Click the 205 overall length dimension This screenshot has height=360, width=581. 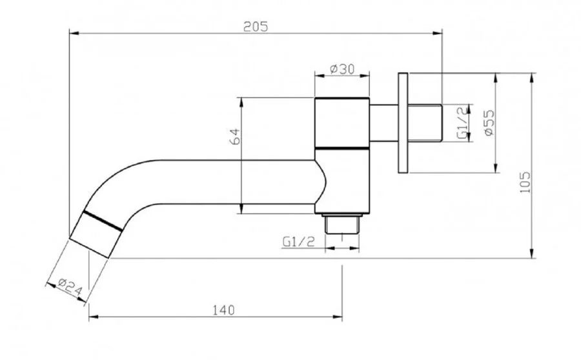pyautogui.click(x=255, y=26)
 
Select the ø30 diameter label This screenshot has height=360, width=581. pyautogui.click(x=342, y=69)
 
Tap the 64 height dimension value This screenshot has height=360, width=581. pyautogui.click(x=235, y=136)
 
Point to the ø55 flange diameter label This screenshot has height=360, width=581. pyautogui.click(x=489, y=123)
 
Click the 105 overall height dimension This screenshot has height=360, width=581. pyautogui.click(x=525, y=182)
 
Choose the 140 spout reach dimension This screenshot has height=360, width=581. pyautogui.click(x=223, y=310)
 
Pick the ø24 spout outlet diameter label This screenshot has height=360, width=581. pyautogui.click(x=70, y=287)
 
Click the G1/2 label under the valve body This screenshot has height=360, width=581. pyautogui.click(x=299, y=241)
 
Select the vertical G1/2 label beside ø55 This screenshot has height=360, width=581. pyautogui.click(x=462, y=123)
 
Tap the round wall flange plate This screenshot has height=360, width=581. pyautogui.click(x=403, y=123)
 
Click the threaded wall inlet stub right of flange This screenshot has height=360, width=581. pyautogui.click(x=425, y=123)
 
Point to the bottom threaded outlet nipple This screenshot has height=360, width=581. pyautogui.click(x=342, y=224)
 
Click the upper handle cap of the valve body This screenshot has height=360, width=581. pyautogui.click(x=342, y=123)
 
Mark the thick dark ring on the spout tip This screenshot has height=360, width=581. pyautogui.click(x=102, y=221)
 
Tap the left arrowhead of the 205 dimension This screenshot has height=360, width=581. pyautogui.click(x=74, y=34)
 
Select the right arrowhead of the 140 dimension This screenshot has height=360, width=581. pyautogui.click(x=338, y=317)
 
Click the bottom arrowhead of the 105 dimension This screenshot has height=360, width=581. pyautogui.click(x=532, y=254)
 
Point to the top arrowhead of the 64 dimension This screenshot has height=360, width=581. pyautogui.click(x=241, y=102)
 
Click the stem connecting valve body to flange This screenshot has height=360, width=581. pyautogui.click(x=384, y=123)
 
